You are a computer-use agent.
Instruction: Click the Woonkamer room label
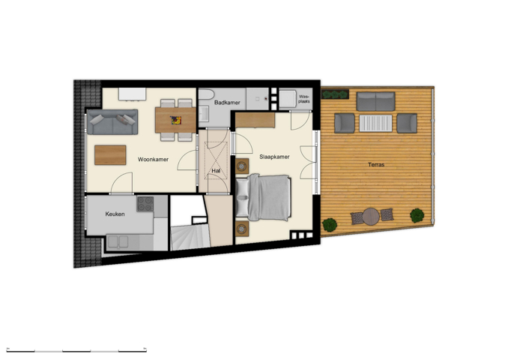coord(153,159)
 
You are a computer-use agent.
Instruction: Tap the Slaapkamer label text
coord(274,157)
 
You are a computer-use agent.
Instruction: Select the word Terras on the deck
coord(376,165)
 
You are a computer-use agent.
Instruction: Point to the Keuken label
coord(115,214)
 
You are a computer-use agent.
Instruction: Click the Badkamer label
coord(227,103)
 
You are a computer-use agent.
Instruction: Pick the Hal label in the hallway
coord(216,170)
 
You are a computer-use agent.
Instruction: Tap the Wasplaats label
coord(304,99)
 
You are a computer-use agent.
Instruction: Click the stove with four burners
coord(145,204)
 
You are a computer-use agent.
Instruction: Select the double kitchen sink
coord(118,242)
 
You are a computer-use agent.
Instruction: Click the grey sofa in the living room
coord(112,122)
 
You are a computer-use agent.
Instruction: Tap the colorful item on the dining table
coord(176,120)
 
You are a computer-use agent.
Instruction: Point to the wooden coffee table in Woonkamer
coord(110,155)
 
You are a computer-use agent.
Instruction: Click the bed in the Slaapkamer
coord(263,197)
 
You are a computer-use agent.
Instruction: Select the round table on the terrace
coord(371,216)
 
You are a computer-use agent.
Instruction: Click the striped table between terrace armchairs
coord(375,123)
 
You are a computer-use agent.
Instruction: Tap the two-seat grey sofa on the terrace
coord(375,101)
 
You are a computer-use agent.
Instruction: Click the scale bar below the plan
coord(76,350)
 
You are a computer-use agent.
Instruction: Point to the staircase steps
coord(190,237)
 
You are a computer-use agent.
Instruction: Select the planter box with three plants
coord(335,94)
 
